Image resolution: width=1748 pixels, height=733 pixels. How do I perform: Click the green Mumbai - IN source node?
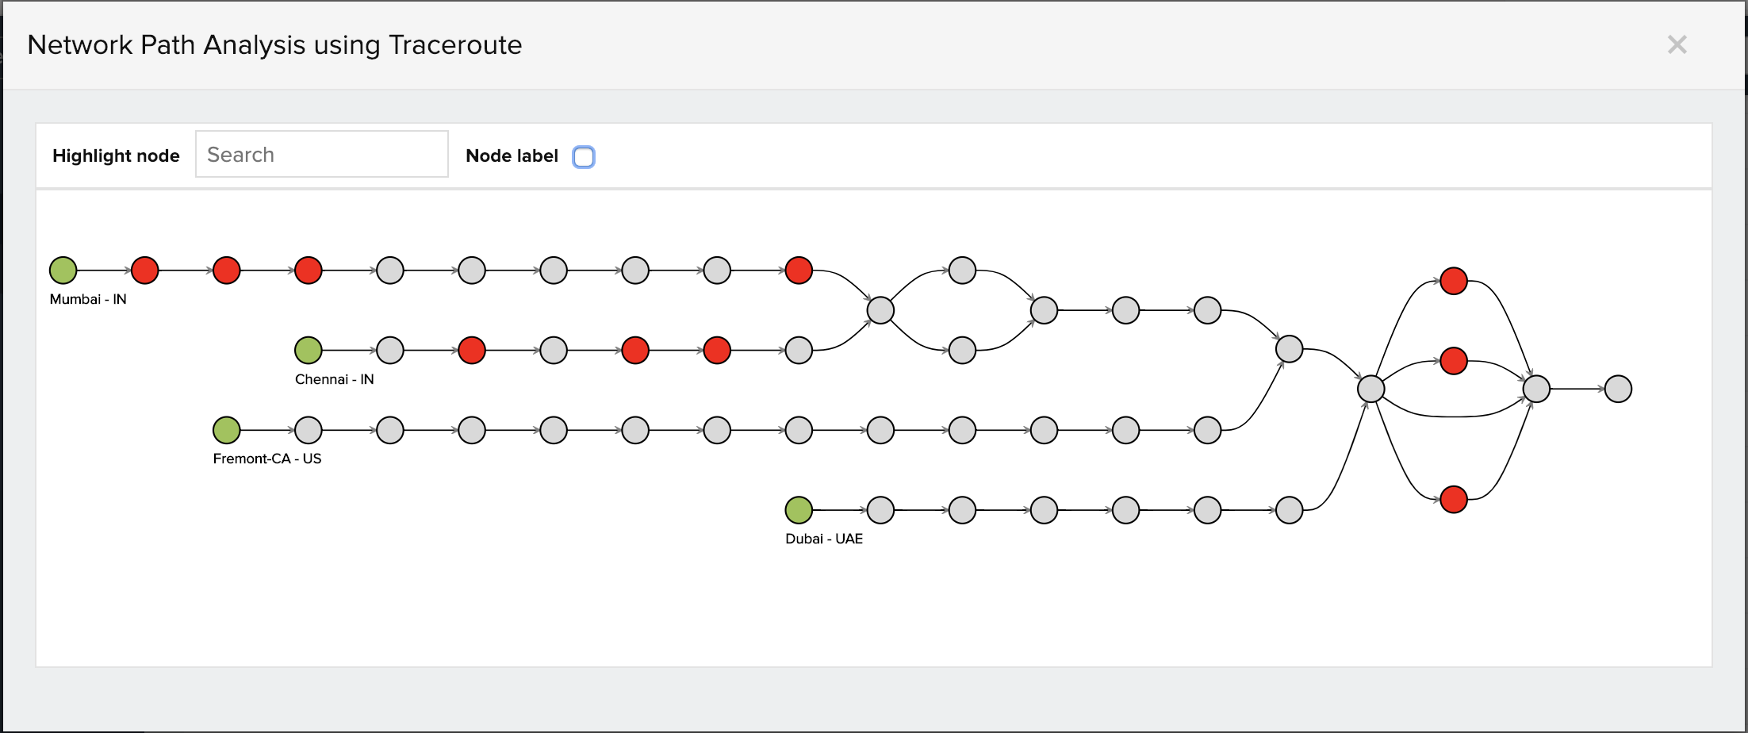pos(63,271)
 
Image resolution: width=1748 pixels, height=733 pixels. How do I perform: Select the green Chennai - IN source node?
pos(309,350)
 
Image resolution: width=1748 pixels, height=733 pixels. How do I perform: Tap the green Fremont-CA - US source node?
pos(227,430)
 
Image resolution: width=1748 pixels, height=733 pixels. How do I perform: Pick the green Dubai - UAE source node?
pos(799,510)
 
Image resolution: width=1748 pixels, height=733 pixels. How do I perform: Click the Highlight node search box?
pos(322,155)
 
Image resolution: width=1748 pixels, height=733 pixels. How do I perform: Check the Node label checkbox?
pos(584,157)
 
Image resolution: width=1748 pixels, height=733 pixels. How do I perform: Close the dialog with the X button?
pos(1677,44)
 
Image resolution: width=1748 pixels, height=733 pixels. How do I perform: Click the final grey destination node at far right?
pos(1618,389)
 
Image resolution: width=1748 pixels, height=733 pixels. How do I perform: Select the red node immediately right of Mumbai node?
pos(145,271)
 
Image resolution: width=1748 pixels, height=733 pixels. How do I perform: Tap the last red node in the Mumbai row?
pos(799,271)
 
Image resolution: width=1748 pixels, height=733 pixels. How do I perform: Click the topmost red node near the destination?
pos(1454,281)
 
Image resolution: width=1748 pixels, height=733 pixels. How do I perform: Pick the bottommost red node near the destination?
pos(1454,500)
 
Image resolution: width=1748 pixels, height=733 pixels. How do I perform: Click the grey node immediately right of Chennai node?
pos(390,350)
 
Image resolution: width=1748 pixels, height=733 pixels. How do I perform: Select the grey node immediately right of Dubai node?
pos(880,510)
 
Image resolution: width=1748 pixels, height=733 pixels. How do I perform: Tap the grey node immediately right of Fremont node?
pos(309,430)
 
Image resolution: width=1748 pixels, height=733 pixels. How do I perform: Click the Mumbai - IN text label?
pos(88,299)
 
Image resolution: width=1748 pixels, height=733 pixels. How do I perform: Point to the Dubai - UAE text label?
pos(824,539)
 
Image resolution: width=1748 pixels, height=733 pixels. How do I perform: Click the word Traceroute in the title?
pos(455,45)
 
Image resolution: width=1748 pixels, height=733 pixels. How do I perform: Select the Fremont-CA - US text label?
pos(267,459)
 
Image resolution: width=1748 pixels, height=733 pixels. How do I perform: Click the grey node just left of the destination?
pos(1536,389)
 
